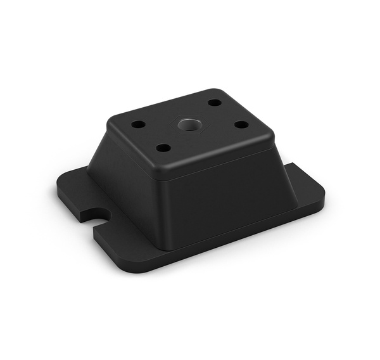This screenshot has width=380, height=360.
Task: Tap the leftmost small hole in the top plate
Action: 138,124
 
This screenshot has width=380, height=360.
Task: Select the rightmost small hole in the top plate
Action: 241,124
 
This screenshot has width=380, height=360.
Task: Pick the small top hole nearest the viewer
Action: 163,148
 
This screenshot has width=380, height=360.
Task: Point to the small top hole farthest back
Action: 215,102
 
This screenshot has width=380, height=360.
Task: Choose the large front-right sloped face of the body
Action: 228,196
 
